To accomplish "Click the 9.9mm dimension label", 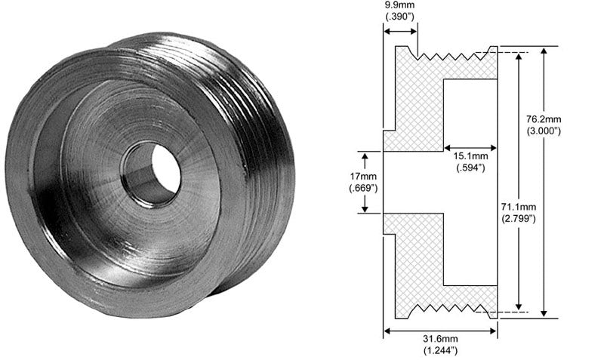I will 400,5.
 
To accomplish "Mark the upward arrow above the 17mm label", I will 365,160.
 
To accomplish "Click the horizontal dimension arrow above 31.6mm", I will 440,329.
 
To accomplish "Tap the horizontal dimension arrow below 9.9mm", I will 400,31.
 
